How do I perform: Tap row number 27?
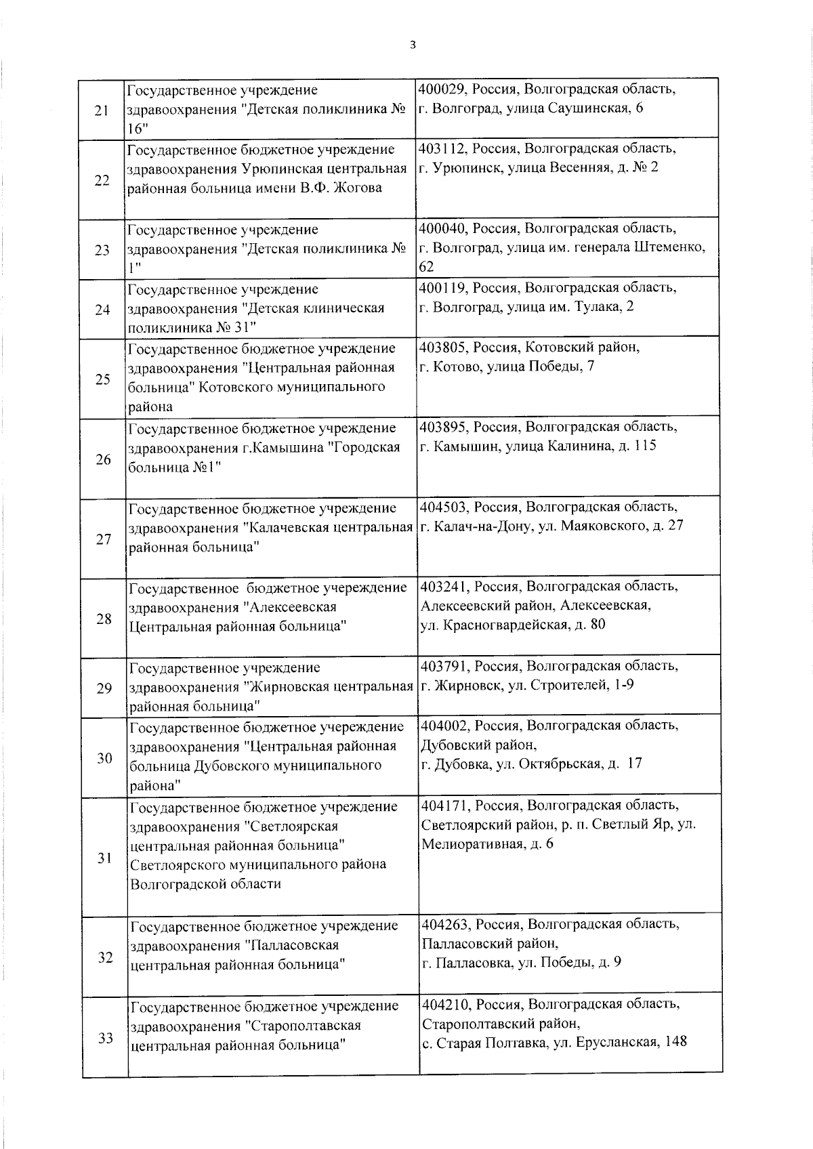103,539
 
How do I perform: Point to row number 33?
105,1038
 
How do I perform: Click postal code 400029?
442,89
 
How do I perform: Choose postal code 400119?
442,287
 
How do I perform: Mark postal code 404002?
444,726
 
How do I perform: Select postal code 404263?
444,924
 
